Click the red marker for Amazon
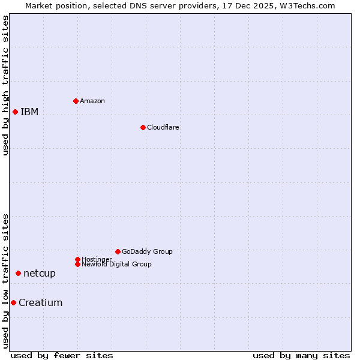click(76, 101)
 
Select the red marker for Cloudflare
click(143, 127)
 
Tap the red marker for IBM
click(15, 112)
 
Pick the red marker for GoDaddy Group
click(118, 251)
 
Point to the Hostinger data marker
click(77, 259)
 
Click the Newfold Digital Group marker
click(77, 264)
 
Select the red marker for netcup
click(18, 273)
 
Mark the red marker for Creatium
click(13, 302)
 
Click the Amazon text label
click(92, 101)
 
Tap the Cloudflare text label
click(163, 127)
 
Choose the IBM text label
click(29, 112)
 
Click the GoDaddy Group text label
click(147, 251)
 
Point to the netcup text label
click(40, 273)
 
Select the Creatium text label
click(41, 302)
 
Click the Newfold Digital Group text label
click(117, 265)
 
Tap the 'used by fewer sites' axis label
click(62, 355)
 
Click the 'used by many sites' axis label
click(301, 355)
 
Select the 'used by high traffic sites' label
click(5, 85)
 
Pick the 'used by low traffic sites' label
click(5, 281)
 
